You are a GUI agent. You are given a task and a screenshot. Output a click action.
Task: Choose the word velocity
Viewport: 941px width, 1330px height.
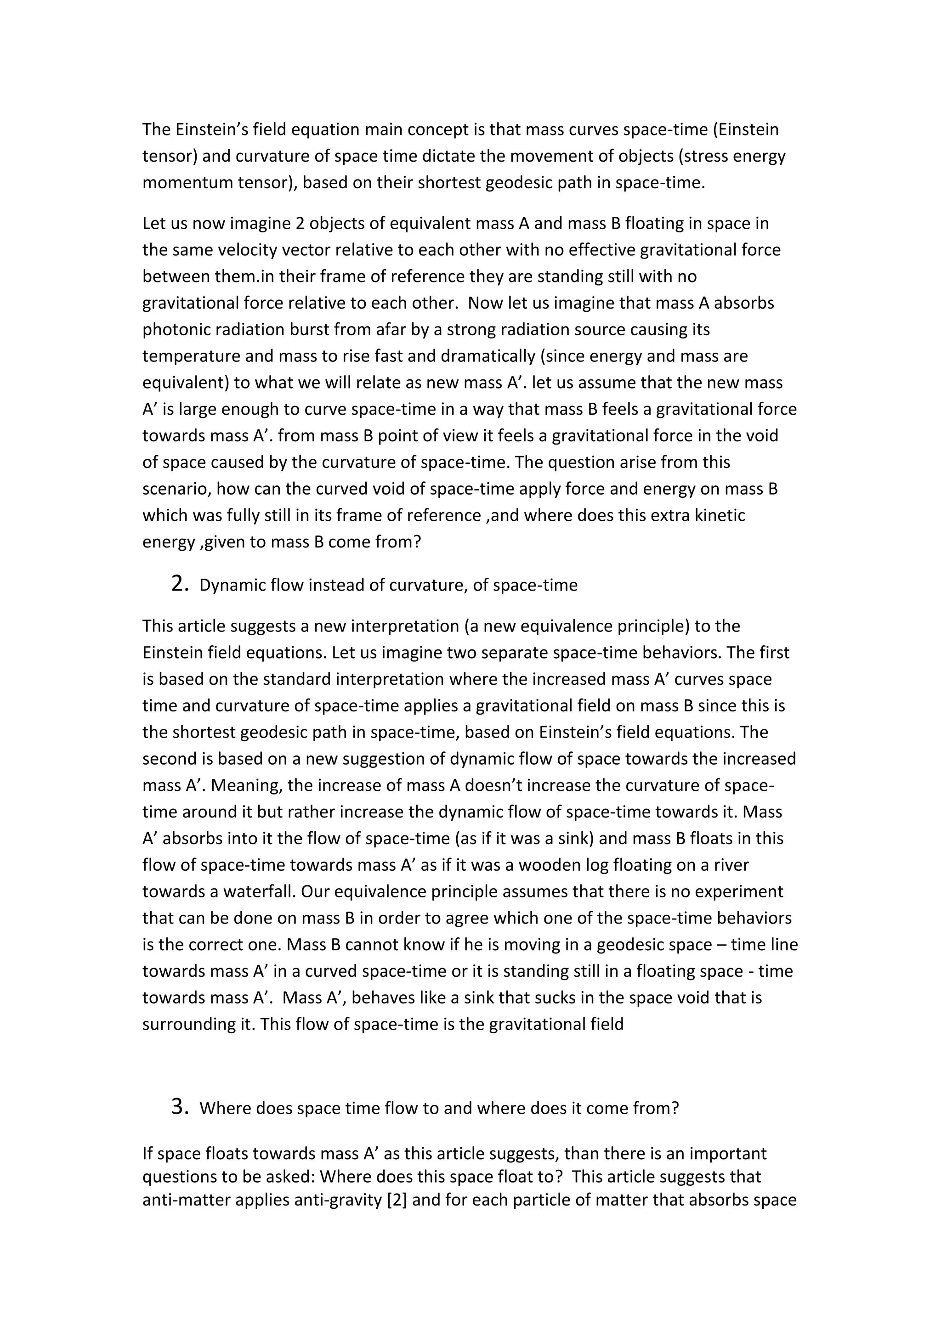pyautogui.click(x=231, y=250)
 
